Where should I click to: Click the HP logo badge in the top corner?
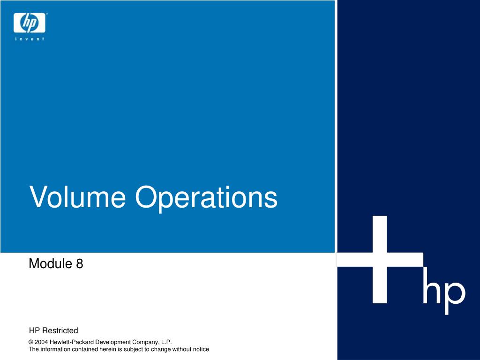(x=30, y=22)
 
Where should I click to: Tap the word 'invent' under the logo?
(x=30, y=39)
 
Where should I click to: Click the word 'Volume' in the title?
(x=77, y=197)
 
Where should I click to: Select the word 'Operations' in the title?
(x=206, y=198)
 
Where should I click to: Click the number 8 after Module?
(x=79, y=263)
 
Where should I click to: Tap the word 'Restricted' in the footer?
(x=60, y=330)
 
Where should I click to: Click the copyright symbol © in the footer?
(x=30, y=342)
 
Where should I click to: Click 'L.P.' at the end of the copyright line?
(x=166, y=342)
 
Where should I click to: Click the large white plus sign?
(x=380, y=260)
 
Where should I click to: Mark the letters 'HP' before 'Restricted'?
(x=34, y=330)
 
